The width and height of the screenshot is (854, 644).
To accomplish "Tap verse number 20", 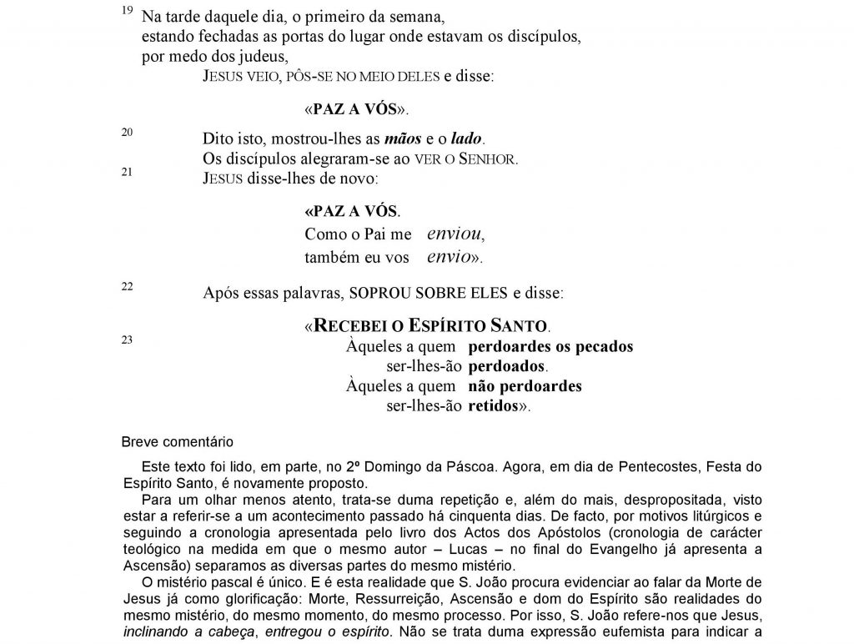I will [127, 132].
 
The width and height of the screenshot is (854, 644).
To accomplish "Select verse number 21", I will [127, 172].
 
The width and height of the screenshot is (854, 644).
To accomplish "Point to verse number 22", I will [127, 286].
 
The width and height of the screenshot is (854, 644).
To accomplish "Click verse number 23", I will [127, 340].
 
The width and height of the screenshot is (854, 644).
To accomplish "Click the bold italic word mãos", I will [403, 138].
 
